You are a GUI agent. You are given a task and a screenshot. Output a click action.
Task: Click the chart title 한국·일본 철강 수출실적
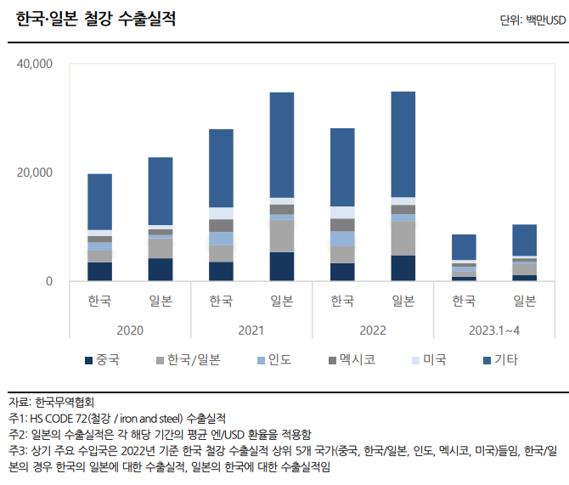[96, 20]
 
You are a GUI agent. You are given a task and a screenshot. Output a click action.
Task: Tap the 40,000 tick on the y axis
[35, 64]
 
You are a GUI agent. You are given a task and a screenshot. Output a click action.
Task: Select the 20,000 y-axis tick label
[35, 172]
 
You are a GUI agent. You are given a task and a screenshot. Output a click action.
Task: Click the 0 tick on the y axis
[48, 281]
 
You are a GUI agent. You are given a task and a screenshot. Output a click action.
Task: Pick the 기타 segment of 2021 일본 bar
[282, 144]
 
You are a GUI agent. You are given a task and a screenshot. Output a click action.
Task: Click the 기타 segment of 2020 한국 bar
[99, 201]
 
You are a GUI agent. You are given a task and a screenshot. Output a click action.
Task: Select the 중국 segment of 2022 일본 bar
[403, 268]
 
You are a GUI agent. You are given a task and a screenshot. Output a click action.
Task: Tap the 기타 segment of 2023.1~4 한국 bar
[463, 247]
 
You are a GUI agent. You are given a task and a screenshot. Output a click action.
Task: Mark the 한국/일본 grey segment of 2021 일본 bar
[282, 236]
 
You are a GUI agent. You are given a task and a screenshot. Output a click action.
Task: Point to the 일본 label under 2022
[403, 302]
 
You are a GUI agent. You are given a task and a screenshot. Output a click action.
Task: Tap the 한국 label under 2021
[221, 302]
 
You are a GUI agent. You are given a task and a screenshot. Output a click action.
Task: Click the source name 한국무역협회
[65, 402]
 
